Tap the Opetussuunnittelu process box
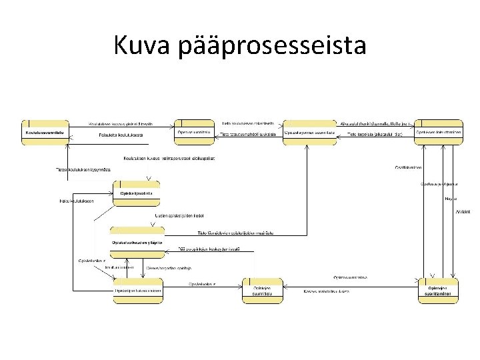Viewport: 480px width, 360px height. (194, 131)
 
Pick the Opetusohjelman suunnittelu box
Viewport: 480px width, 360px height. (309, 131)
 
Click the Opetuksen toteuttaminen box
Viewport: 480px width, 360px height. (437, 131)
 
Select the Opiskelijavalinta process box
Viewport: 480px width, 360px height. (136, 192)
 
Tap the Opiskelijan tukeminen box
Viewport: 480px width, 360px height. (137, 289)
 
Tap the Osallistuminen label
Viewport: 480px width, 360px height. (407, 167)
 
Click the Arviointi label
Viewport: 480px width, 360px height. (463, 211)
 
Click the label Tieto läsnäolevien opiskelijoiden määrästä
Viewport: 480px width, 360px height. (239, 233)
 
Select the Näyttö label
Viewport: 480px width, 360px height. (450, 199)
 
